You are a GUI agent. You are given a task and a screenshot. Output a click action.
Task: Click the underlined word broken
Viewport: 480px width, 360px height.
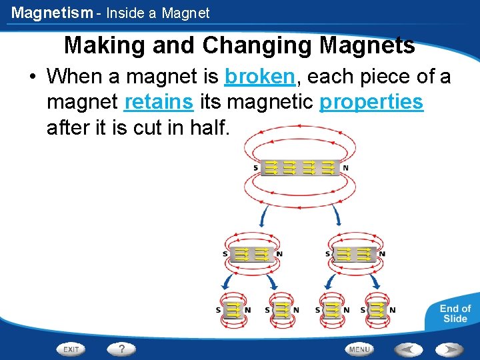pyautogui.click(x=259, y=77)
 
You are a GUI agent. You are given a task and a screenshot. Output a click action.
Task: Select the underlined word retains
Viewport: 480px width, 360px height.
pyautogui.click(x=159, y=102)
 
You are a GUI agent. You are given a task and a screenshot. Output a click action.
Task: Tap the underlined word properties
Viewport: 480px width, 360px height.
pyautogui.click(x=371, y=102)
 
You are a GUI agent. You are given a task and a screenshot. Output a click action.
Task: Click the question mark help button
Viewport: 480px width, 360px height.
pyautogui.click(x=121, y=349)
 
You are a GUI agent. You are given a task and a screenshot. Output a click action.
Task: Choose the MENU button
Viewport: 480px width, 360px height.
pyautogui.click(x=359, y=349)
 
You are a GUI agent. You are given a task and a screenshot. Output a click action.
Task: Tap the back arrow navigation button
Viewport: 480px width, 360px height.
pyautogui.click(x=407, y=349)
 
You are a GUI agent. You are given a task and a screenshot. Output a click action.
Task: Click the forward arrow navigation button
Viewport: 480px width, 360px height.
pyautogui.click(x=450, y=349)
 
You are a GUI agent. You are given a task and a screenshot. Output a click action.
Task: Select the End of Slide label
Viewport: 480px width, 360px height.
pyautogui.click(x=455, y=313)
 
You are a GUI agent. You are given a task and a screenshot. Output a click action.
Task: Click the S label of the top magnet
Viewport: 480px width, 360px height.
pyautogui.click(x=255, y=168)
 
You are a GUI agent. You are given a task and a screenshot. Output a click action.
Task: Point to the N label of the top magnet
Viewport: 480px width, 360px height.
pyautogui.click(x=345, y=168)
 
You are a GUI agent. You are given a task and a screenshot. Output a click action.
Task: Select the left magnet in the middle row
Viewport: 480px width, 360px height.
pyautogui.click(x=251, y=253)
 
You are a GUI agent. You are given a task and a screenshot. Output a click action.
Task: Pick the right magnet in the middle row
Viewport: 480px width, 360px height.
pyautogui.click(x=354, y=253)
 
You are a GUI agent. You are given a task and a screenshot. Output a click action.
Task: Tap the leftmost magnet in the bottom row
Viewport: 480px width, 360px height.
pyautogui.click(x=233, y=309)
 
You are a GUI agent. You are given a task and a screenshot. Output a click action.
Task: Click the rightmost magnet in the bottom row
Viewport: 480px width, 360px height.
pyautogui.click(x=377, y=309)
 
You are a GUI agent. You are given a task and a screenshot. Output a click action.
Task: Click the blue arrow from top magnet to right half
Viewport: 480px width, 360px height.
pyautogui.click(x=337, y=215)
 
